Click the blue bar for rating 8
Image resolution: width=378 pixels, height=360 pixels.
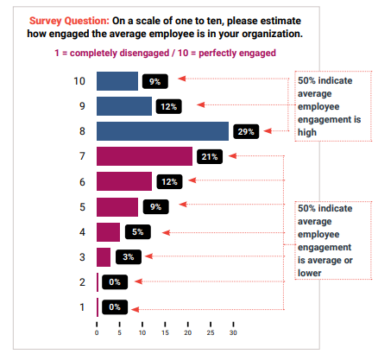[162, 131]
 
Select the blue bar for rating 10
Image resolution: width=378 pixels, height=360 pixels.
[117, 81]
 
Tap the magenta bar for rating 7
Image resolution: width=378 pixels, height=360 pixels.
[144, 156]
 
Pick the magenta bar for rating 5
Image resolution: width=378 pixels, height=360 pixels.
[117, 206]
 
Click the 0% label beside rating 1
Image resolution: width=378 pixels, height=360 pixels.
[115, 306]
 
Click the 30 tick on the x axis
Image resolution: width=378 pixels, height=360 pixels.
[233, 332]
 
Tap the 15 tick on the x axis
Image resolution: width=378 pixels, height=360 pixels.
[165, 332]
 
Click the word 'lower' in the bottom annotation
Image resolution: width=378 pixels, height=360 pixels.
[309, 273]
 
